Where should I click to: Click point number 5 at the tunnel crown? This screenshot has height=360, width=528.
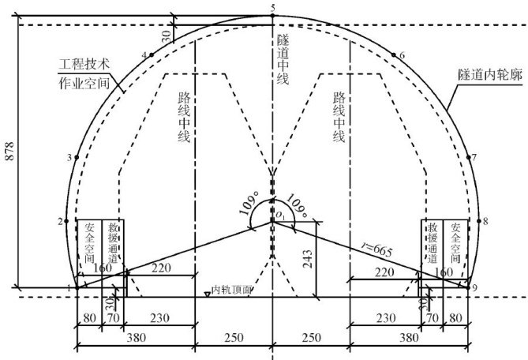272,8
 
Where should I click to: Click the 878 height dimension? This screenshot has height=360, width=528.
9,156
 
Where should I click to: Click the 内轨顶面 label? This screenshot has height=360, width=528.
234,290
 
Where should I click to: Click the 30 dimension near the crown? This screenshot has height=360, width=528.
165,37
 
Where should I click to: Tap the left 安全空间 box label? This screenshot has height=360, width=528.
88,242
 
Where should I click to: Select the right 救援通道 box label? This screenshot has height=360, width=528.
432,242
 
